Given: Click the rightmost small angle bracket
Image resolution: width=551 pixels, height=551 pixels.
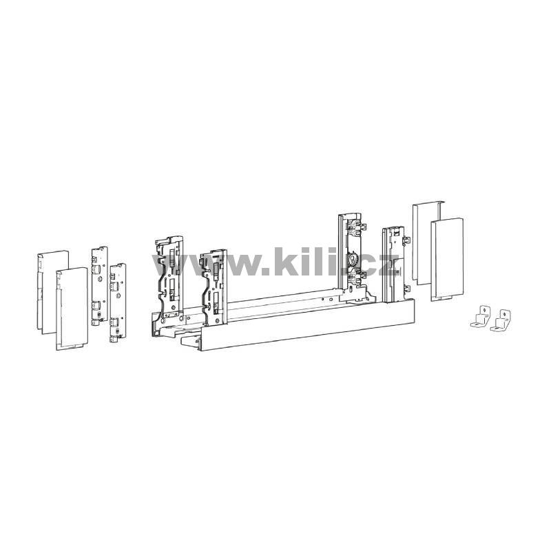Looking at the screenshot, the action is coord(500,321).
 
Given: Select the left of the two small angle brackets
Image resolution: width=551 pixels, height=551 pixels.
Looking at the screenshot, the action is coord(481,317).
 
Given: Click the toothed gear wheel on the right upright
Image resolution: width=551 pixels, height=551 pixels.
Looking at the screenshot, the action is coord(351,260).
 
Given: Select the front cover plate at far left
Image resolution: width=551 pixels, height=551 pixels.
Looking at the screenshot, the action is coord(72,309).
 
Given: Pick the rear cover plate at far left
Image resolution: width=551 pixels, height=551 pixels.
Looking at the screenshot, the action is coord(53,291).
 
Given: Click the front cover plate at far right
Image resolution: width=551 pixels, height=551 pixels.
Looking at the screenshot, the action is coord(447,260).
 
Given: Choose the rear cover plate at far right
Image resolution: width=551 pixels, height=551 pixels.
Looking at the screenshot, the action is coord(427,242).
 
